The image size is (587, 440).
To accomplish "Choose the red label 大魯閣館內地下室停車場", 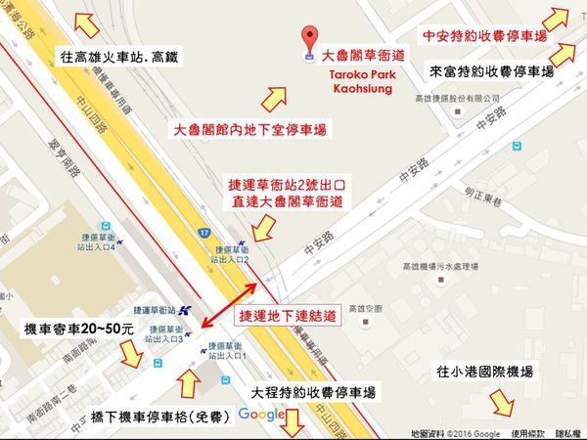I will [x=249, y=130].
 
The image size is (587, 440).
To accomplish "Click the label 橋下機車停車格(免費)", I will [x=158, y=416].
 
